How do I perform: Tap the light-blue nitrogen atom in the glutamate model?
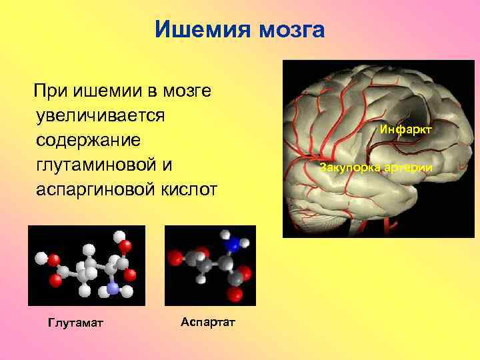pyautogui.click(x=112, y=289)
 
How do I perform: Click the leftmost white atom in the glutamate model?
pyautogui.click(x=41, y=256)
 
